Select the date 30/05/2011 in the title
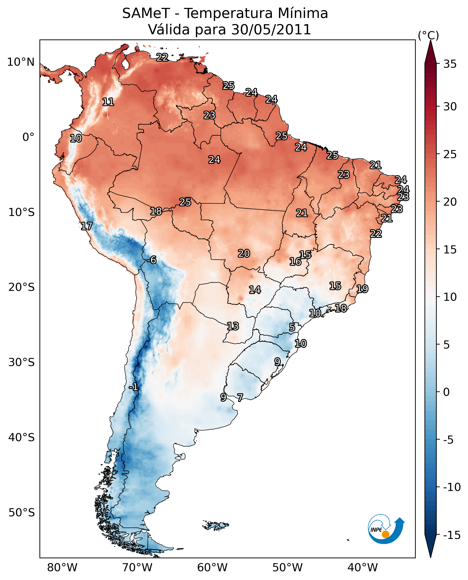271,29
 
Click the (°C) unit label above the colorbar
428,36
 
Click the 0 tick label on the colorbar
446,392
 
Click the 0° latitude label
28,137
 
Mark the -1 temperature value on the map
133,387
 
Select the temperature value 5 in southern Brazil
292,327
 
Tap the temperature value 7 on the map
240,397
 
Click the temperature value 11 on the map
108,102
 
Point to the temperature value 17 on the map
87,226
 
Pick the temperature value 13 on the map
233,326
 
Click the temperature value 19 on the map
362,289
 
